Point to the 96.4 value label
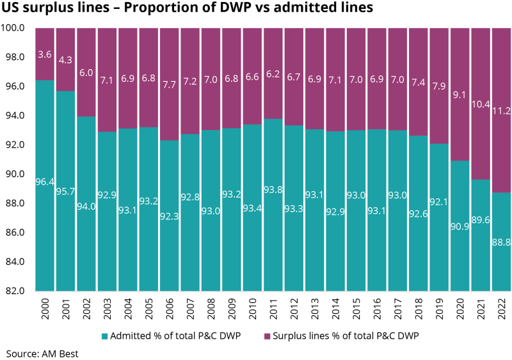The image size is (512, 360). coord(45,183)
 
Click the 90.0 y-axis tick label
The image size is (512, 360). coord(15,174)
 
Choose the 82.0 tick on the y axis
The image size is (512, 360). coord(15,290)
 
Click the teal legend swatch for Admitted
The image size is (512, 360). coord(105,335)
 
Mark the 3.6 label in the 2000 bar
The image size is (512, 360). coord(45,54)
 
